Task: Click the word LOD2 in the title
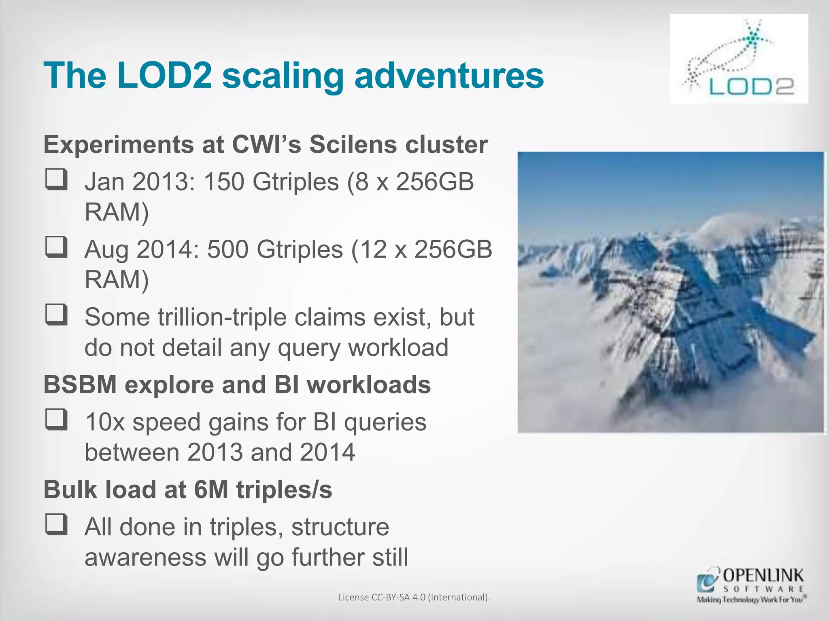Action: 164,76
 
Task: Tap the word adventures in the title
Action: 449,76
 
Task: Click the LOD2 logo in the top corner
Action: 739,59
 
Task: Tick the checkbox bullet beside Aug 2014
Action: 56,247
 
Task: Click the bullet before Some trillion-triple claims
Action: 56,315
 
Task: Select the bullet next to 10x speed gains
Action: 56,419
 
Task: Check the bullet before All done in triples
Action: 56,524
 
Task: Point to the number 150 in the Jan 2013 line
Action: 223,182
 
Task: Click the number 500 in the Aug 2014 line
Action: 227,249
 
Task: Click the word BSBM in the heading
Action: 80,384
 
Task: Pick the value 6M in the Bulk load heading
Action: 211,490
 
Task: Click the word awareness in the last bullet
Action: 145,557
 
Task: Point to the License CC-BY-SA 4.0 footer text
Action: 414,597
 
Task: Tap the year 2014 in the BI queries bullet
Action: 327,452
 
